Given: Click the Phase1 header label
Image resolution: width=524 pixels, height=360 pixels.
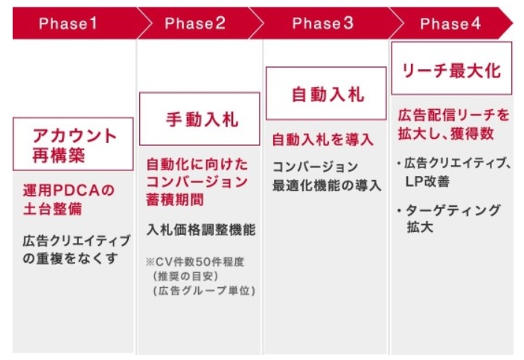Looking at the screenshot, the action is click(x=68, y=23).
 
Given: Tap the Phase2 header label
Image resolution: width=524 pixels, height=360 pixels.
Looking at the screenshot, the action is click(x=195, y=23).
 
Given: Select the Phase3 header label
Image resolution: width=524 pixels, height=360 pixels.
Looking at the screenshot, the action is click(x=322, y=23).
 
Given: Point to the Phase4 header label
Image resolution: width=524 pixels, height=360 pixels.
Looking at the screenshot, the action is click(x=450, y=24).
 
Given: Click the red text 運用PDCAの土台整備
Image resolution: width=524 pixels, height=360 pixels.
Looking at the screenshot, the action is click(x=68, y=199).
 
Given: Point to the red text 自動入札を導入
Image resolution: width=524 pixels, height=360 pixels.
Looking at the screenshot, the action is click(x=322, y=140).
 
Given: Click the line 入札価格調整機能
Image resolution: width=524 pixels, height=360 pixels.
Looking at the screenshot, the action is click(x=201, y=230).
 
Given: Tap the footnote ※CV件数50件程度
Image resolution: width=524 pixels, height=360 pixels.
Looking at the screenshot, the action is click(x=195, y=262).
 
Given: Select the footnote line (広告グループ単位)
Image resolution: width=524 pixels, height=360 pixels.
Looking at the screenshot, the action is click(x=204, y=291).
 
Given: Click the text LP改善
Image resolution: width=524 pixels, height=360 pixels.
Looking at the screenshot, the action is click(x=427, y=181).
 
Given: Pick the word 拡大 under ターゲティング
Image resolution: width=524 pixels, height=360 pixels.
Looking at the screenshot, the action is click(x=420, y=228).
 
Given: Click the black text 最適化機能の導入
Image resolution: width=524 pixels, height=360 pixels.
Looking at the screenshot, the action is click(x=327, y=185).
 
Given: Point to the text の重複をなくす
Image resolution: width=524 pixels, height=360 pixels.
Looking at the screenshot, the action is click(x=70, y=259).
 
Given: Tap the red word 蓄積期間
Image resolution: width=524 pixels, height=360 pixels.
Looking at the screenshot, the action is click(x=175, y=199).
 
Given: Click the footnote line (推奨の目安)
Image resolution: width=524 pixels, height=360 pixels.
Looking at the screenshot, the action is click(x=185, y=276).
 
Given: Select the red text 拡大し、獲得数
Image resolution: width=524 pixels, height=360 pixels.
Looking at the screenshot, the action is click(x=446, y=134).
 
